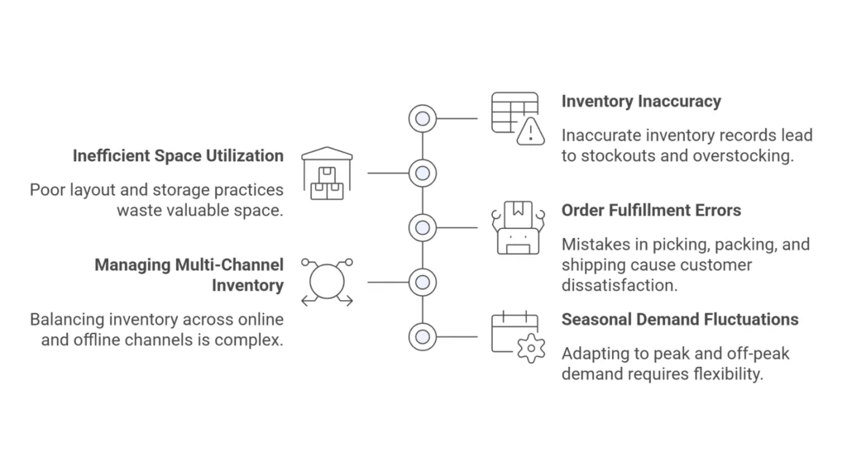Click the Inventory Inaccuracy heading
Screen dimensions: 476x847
[x=641, y=102]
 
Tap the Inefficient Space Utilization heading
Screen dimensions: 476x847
[x=178, y=155]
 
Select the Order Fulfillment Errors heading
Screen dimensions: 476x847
[x=651, y=211]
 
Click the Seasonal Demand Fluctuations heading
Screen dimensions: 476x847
[x=680, y=320]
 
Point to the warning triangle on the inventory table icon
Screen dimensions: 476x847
[x=530, y=131]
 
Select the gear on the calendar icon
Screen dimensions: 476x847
[x=530, y=349]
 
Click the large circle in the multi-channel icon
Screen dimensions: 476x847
[x=327, y=282]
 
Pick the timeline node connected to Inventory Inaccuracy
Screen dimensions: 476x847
[x=423, y=119]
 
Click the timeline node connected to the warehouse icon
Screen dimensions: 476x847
[x=423, y=174]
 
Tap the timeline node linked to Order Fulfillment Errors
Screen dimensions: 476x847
[x=423, y=227]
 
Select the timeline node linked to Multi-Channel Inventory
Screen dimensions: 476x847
[x=423, y=282]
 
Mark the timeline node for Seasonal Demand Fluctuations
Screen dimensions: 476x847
[x=423, y=336]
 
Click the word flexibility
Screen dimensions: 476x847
[x=721, y=374]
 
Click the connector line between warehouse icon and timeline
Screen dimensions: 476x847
[x=387, y=174]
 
